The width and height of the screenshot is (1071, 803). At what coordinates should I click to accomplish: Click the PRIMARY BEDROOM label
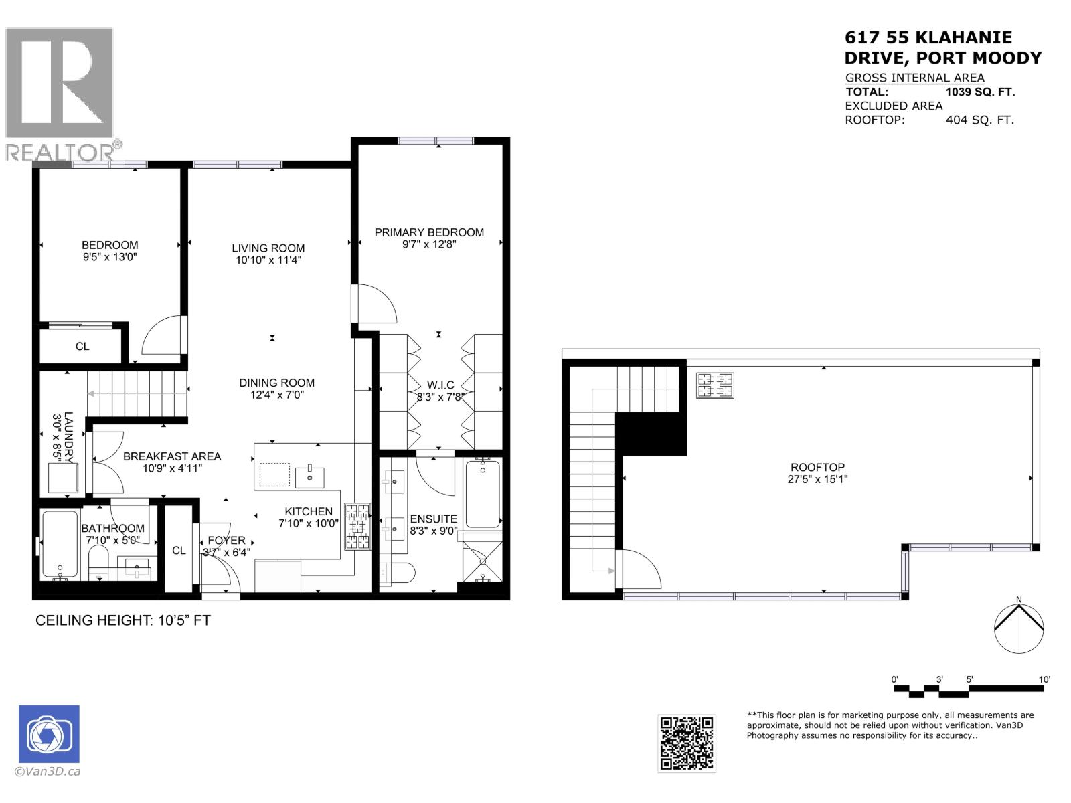[429, 232]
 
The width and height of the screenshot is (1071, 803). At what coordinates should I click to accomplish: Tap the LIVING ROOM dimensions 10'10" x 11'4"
[268, 260]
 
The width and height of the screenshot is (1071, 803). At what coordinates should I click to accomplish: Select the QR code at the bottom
[687, 743]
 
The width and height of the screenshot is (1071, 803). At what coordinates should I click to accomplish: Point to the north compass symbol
[1018, 628]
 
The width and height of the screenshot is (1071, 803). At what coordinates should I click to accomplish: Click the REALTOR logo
[60, 94]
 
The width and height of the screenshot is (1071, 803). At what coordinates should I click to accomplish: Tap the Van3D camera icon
[49, 734]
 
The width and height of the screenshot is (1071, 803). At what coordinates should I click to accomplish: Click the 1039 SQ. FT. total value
[980, 92]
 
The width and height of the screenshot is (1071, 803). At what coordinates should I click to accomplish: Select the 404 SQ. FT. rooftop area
[980, 120]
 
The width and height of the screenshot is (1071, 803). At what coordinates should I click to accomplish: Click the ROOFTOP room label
[817, 467]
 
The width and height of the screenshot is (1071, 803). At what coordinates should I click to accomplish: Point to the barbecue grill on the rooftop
[715, 385]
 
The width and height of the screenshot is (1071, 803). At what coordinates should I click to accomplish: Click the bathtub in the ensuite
[483, 494]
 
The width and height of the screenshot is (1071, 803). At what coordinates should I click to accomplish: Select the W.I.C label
[440, 385]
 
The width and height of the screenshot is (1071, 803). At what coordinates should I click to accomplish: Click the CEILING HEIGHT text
[122, 620]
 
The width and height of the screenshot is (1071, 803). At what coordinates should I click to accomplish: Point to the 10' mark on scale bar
[1044, 679]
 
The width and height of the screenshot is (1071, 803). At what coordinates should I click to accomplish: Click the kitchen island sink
[309, 477]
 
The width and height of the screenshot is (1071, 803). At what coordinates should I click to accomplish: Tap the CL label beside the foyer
[179, 550]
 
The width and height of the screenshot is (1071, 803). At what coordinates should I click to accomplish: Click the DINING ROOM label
[277, 383]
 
